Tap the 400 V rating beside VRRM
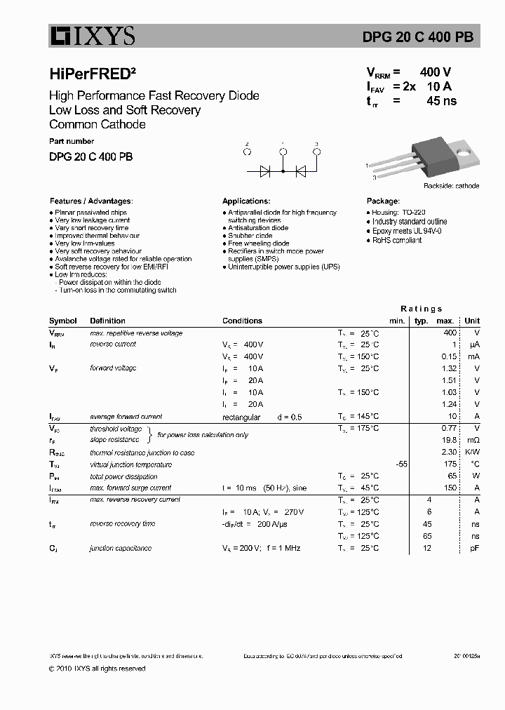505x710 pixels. pos(435,72)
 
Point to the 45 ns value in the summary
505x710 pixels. pos(441,101)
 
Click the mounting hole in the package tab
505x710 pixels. pos(463,149)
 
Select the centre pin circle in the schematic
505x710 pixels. pos(283,151)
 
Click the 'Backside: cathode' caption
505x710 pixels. pos(451,186)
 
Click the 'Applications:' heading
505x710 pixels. pos(246,201)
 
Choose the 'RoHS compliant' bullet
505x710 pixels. pos(396,240)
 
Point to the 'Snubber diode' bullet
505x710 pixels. pos(250,236)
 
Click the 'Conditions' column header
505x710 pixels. pos(242,321)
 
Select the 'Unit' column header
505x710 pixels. pos(472,321)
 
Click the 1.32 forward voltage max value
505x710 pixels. pos(450,368)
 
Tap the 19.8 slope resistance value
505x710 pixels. pos(450,441)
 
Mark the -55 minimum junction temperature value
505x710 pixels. pos(401,464)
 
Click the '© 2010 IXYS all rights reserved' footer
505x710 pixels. pos(97,669)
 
